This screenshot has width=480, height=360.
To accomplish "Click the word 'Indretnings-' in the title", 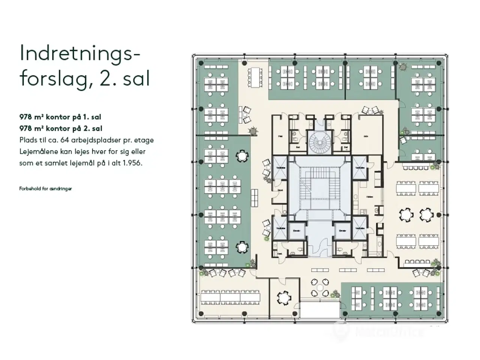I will [79, 54].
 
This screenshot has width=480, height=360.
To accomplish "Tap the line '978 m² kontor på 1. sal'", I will [60, 117].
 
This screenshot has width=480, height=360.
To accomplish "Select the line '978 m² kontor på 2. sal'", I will [60, 128].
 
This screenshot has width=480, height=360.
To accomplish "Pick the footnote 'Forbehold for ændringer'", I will [45, 189].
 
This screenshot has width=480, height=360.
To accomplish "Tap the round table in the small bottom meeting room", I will [283, 298].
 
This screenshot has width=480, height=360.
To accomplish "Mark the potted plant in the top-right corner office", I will [403, 67].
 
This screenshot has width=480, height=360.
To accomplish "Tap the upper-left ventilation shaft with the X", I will [280, 167].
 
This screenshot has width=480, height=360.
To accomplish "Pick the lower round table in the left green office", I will [243, 247].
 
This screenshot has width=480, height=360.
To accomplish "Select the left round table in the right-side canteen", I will [406, 214].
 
